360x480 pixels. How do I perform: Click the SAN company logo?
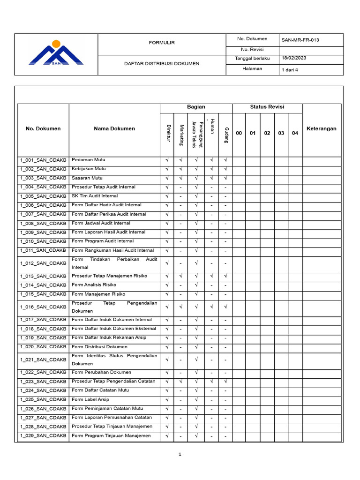[x=56, y=53]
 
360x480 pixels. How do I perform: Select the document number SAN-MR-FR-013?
[x=300, y=40]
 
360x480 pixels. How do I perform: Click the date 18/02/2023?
[x=294, y=58]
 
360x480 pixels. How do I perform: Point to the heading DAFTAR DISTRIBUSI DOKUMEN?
[x=161, y=64]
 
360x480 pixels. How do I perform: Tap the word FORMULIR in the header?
[x=161, y=43]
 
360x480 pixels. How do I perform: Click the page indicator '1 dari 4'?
[x=290, y=70]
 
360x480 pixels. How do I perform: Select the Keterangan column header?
[x=321, y=129]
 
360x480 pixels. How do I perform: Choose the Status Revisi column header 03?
[x=281, y=134]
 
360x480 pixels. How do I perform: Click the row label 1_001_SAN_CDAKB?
[x=43, y=160]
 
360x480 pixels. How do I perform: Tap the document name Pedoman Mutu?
[x=89, y=160]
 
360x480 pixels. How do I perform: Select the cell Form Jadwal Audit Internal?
[x=101, y=223]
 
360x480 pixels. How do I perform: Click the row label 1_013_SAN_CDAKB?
[x=43, y=276]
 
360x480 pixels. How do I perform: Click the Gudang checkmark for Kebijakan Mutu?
[x=225, y=169]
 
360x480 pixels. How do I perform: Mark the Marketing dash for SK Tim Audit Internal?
[x=180, y=196]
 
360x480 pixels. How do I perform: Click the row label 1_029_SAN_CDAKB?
[x=43, y=436]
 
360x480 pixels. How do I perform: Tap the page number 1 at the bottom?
[x=180, y=454]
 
